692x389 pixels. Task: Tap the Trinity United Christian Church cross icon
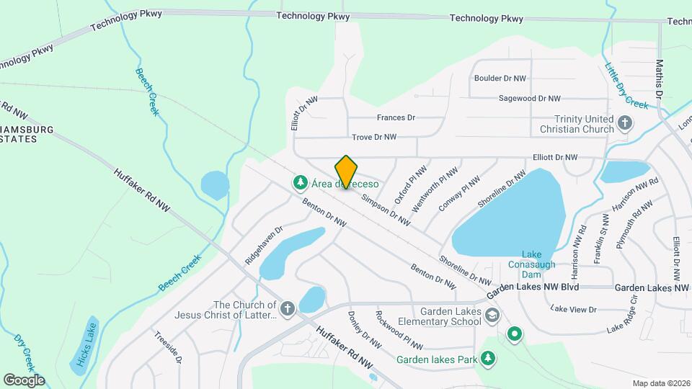[624, 123]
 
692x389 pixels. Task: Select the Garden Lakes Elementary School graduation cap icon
[492, 316]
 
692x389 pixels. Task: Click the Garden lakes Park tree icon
[489, 358]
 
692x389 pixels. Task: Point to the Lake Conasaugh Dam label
[532, 264]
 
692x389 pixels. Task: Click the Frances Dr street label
[396, 117]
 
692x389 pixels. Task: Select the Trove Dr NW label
[374, 136]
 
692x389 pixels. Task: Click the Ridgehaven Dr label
[264, 246]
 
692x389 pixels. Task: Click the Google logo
[24, 380]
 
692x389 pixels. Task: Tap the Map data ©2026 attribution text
[660, 383]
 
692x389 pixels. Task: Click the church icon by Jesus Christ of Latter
[288, 310]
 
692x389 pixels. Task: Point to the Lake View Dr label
[574, 309]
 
